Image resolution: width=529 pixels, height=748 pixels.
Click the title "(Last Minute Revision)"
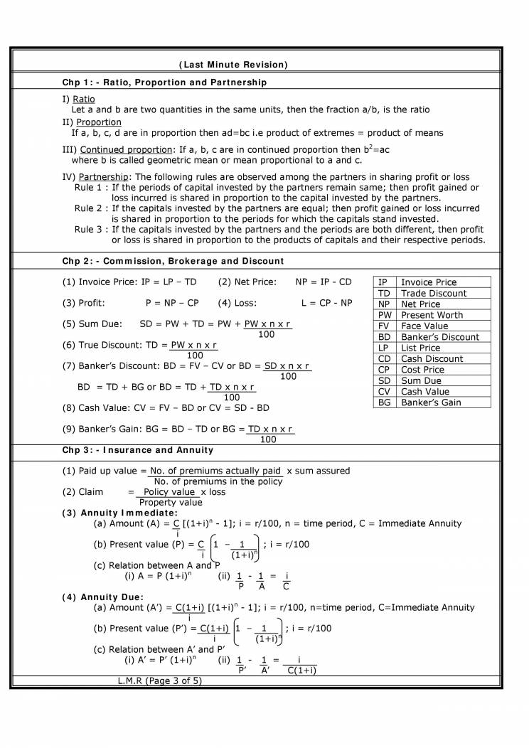pyautogui.click(x=233, y=65)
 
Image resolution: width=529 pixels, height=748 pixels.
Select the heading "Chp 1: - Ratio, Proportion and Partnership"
pyautogui.click(x=164, y=82)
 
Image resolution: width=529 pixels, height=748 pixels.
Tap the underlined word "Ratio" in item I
pyautogui.click(x=84, y=99)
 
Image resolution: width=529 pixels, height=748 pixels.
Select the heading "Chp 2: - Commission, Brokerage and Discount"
pyautogui.click(x=173, y=261)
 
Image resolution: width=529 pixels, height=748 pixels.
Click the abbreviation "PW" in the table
pyautogui.click(x=385, y=315)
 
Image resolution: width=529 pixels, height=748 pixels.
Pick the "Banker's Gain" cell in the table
pyautogui.click(x=431, y=402)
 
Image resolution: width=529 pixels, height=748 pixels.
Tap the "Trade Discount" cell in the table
pyautogui.click(x=434, y=293)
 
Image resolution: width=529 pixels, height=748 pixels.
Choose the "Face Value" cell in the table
pyautogui.click(x=424, y=326)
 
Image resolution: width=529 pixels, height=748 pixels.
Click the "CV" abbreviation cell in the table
pyautogui.click(x=385, y=391)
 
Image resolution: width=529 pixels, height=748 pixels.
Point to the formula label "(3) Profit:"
pyautogui.click(x=84, y=303)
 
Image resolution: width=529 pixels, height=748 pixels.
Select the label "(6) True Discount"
pyautogui.click(x=100, y=345)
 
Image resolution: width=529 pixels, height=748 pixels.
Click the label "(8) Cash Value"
pyautogui.click(x=96, y=408)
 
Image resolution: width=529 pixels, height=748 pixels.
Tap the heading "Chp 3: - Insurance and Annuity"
pyautogui.click(x=137, y=450)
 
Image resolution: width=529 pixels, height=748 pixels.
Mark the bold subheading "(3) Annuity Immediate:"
pyautogui.click(x=119, y=513)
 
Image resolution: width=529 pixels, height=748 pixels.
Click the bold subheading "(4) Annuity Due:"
pyautogui.click(x=103, y=597)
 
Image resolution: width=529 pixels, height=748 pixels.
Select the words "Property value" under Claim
pyautogui.click(x=170, y=502)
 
